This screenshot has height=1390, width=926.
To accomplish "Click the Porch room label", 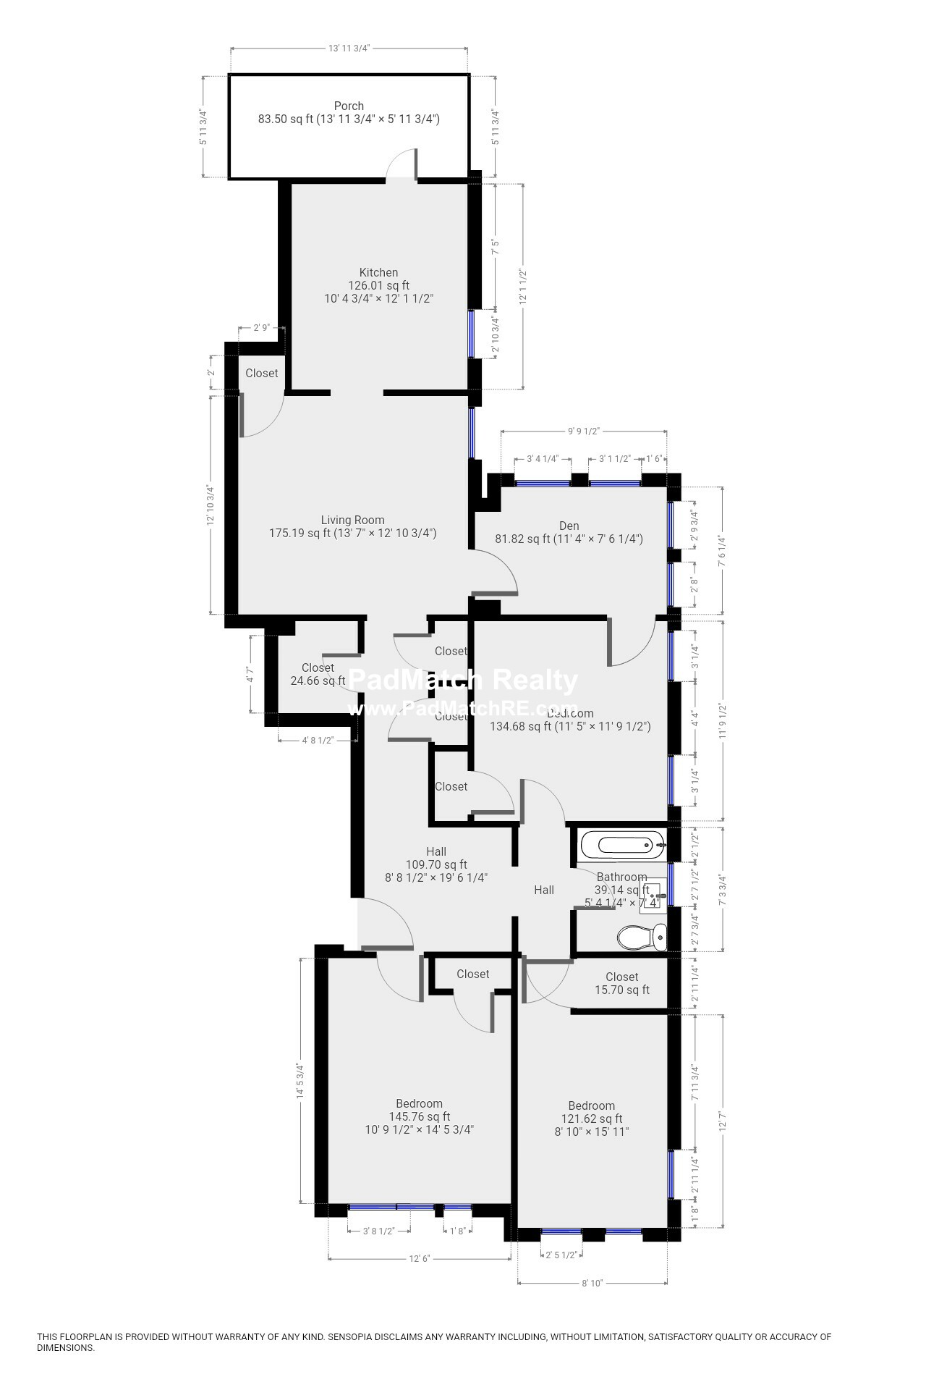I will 349,106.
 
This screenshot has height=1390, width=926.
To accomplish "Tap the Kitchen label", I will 378,273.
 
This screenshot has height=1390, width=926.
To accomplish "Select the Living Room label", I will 352,520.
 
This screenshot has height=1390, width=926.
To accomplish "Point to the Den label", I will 569,526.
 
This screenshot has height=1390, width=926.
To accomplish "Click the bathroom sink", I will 650,896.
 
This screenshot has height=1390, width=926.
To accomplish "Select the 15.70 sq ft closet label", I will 621,983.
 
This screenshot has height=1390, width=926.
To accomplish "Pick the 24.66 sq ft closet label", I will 318,674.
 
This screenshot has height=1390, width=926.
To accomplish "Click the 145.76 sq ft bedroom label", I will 420,1116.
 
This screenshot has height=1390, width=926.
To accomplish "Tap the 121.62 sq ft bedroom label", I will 591,1118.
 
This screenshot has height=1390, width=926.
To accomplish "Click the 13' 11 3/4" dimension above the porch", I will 349,49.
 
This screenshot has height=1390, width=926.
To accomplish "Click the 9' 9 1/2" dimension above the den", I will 583,431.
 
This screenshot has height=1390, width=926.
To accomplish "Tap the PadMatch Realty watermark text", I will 463,681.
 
